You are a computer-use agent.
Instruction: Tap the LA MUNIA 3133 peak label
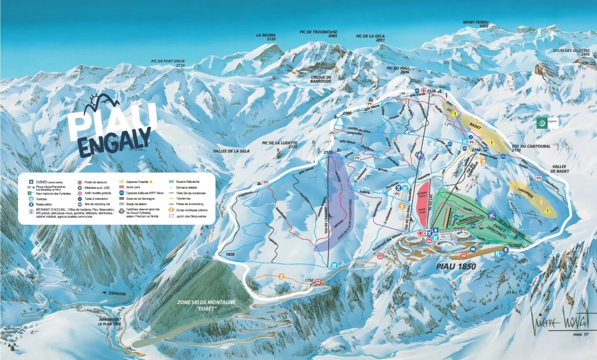pos(266,37)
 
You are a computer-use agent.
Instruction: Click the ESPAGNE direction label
pos(116,294)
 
